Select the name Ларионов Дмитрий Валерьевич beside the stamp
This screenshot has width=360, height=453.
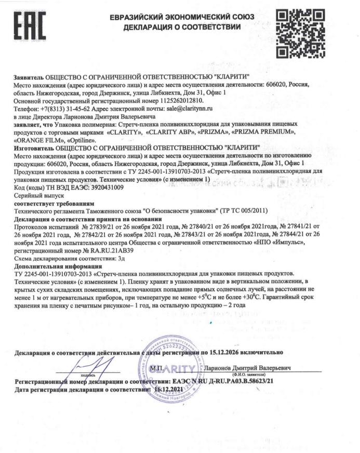(x=248, y=368)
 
